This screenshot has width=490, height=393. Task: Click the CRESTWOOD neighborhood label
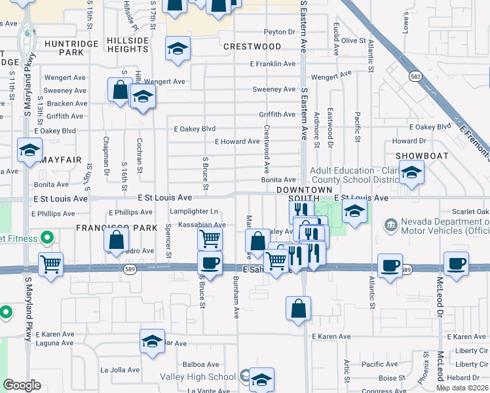coord(252,47)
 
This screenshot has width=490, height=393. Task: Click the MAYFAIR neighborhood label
coord(60,159)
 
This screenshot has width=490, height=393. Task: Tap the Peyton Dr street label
coord(280,31)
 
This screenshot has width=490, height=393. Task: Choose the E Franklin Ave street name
coord(273,64)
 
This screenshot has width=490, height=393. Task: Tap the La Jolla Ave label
coord(120,369)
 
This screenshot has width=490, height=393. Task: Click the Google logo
coord(22,385)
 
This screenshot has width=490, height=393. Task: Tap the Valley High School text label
coord(198,377)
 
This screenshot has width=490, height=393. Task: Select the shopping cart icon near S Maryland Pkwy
coord(50,263)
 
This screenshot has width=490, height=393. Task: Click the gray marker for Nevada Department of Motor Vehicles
coord(390,225)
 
